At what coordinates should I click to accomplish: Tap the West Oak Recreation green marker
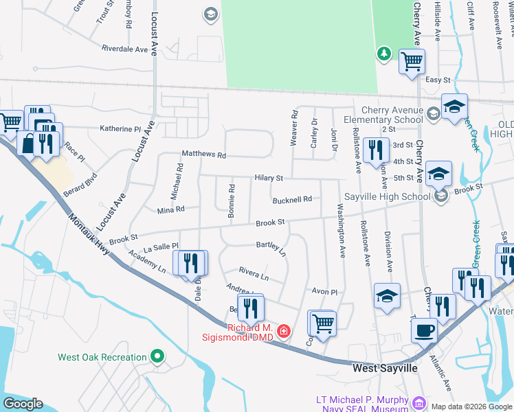[x=157, y=356]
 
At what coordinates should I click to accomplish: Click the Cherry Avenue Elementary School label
[x=393, y=115]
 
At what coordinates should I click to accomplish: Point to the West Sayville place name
[x=384, y=369]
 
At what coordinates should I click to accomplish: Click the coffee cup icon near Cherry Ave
[x=424, y=330]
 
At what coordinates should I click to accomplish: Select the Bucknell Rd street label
[x=291, y=199]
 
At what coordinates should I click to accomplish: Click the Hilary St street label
[x=269, y=177]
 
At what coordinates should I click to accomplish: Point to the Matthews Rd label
[x=203, y=155]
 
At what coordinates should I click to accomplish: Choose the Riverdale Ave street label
[x=124, y=49]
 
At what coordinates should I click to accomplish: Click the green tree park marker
[x=383, y=54]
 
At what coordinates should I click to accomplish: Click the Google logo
[x=23, y=404]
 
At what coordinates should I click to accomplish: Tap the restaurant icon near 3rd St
[x=375, y=150]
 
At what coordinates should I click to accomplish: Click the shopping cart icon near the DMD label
[x=322, y=323]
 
